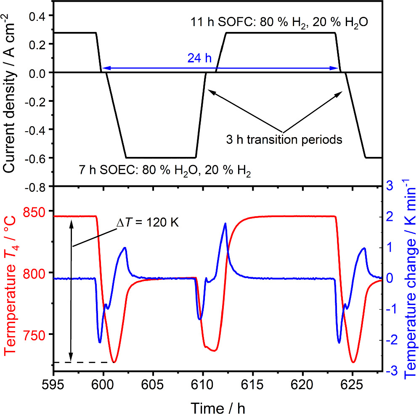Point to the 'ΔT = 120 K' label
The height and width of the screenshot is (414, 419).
148,223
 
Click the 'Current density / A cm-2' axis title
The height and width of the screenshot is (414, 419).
12,93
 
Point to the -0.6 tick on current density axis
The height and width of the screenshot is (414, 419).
37,158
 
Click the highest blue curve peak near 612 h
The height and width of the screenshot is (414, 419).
225,223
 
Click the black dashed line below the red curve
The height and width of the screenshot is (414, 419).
84,362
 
